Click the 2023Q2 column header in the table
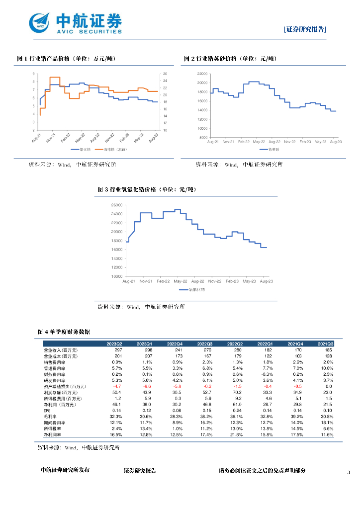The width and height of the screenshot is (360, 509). (x=115, y=343)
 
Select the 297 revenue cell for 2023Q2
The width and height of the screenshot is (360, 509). (x=117, y=350)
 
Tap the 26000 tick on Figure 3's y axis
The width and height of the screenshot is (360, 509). (x=117, y=205)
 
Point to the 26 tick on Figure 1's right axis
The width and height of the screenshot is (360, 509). (x=165, y=74)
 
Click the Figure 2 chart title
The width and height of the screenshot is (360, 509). (x=230, y=59)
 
